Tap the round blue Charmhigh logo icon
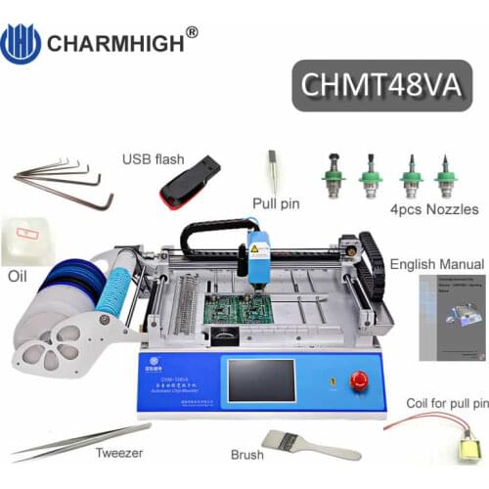pos(21,44)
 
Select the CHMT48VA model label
pos(382,85)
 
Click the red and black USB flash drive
pos(190,182)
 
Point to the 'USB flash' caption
pos(154,158)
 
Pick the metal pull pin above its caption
pos(275,172)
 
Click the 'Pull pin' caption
pos(276,204)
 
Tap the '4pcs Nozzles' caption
pos(433,209)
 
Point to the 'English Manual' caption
pos(436,264)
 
